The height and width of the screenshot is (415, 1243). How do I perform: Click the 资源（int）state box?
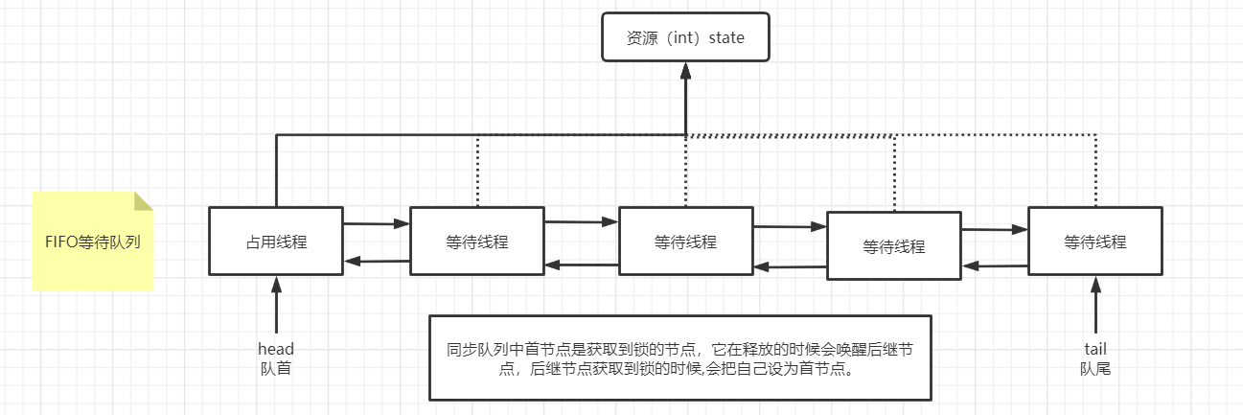click(685, 37)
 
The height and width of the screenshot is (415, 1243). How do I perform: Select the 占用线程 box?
click(276, 241)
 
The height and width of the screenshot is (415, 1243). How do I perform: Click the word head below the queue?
click(276, 349)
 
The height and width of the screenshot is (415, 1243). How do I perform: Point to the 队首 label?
click(276, 368)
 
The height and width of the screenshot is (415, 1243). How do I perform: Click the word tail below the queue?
click(1094, 349)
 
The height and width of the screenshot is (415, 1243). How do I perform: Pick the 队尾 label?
click(1094, 368)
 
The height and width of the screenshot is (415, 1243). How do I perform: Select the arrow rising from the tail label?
click(1094, 307)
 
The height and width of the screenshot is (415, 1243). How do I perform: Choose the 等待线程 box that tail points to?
click(1094, 241)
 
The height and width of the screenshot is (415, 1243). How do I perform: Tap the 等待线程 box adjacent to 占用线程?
click(476, 241)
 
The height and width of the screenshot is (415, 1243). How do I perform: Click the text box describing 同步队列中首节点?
click(679, 357)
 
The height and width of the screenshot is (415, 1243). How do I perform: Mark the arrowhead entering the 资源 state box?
click(686, 70)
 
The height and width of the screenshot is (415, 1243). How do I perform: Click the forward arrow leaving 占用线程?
click(376, 224)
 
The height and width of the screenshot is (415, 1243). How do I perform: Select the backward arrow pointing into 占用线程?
click(376, 260)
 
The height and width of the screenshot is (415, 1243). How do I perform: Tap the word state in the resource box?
click(725, 37)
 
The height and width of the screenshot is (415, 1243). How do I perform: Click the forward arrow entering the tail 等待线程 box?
click(995, 229)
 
